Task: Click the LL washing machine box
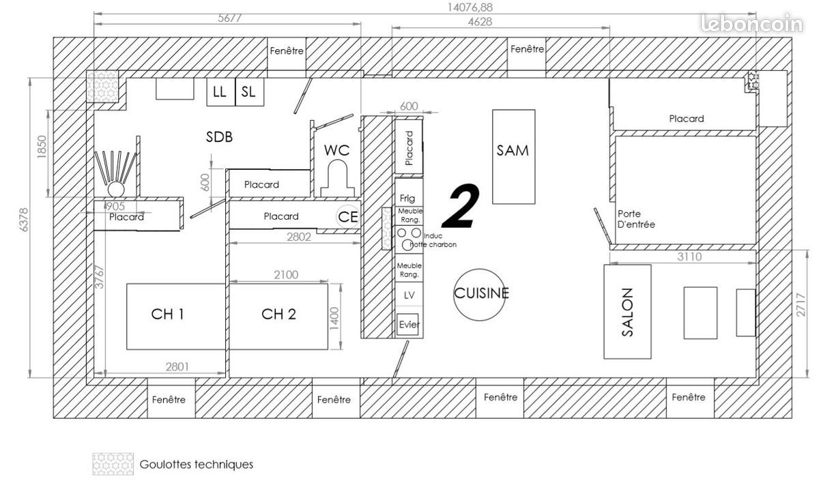[x=220, y=92]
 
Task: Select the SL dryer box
[x=249, y=92]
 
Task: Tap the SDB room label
[x=220, y=137]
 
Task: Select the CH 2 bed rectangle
[x=278, y=316]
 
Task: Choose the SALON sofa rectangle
[x=627, y=312]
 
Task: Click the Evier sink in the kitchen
[x=409, y=325]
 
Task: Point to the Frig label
[x=407, y=199]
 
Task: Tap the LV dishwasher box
[x=409, y=295]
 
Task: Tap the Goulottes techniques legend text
[x=196, y=465]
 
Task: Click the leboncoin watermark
[x=751, y=25]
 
